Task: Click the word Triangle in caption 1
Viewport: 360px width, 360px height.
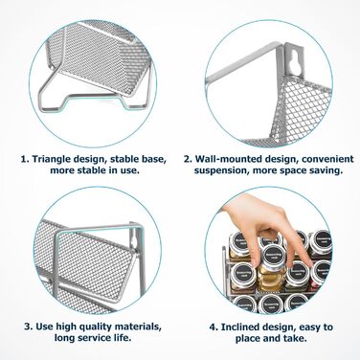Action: tap(52, 159)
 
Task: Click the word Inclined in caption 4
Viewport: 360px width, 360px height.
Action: tap(241, 326)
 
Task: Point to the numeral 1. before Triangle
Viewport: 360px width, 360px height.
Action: tap(25, 159)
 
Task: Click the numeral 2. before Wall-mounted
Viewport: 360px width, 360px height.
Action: tap(188, 159)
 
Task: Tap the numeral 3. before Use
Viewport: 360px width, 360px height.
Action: tap(29, 326)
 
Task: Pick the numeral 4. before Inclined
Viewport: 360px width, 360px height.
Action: tap(214, 326)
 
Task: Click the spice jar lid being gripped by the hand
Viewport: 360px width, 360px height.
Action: tap(274, 256)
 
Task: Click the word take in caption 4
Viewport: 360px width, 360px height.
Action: tap(295, 338)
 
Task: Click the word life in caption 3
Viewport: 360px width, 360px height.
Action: tap(123, 338)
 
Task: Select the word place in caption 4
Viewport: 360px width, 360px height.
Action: tap(247, 338)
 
